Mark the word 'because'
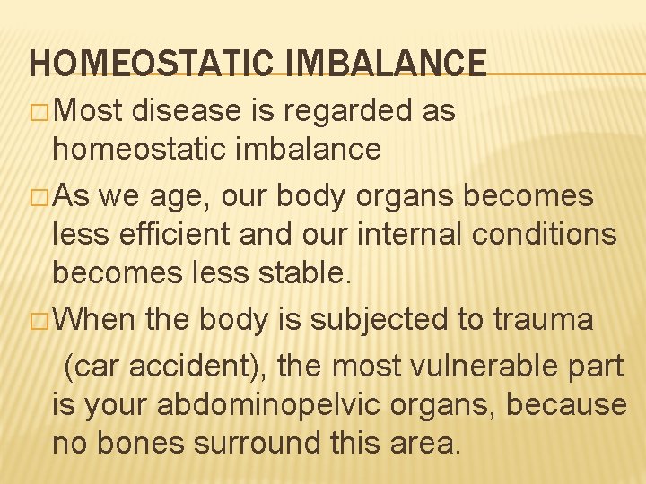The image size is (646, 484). point(567,404)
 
